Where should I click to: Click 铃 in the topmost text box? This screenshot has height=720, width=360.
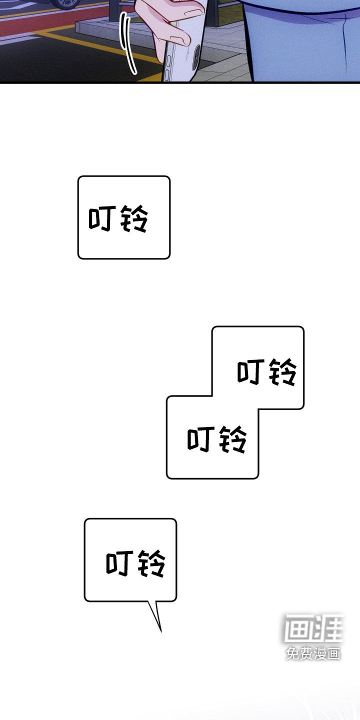pyautogui.click(x=134, y=219)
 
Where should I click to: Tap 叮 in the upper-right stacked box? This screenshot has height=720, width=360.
pyautogui.click(x=251, y=371)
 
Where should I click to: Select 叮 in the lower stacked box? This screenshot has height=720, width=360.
pyautogui.click(x=201, y=439)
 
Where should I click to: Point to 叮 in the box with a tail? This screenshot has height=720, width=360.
pyautogui.click(x=120, y=563)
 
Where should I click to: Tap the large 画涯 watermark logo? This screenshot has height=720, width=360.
pyautogui.click(x=314, y=628)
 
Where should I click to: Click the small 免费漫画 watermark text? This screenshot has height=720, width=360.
pyautogui.click(x=313, y=653)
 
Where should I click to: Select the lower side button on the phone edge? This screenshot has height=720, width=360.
pyautogui.click(x=166, y=75)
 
